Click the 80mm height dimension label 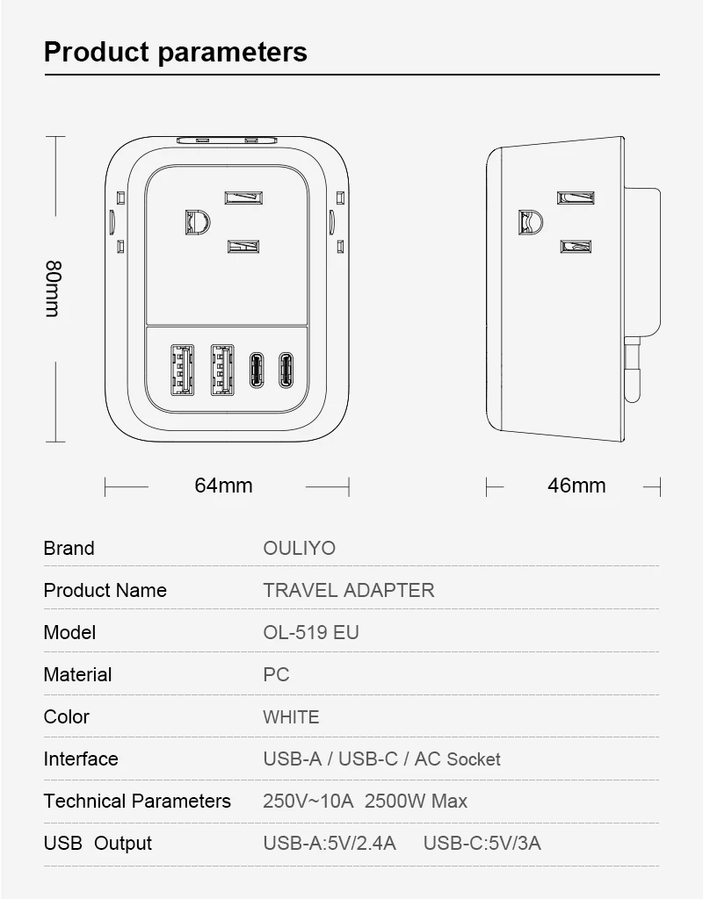[x=53, y=288]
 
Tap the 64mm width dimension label [x=223, y=485]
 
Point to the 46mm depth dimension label [x=576, y=485]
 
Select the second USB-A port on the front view [x=221, y=369]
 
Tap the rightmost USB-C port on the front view [x=286, y=370]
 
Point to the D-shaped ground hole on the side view [x=529, y=223]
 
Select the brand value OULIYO [x=300, y=548]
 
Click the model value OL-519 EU [x=311, y=632]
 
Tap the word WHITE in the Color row [x=291, y=716]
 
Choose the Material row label [x=77, y=674]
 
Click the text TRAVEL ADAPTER [x=349, y=590]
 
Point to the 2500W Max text [x=416, y=801]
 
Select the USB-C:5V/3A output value [x=482, y=844]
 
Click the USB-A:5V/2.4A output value [x=330, y=844]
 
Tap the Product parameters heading [x=176, y=52]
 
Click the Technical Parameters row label [x=137, y=801]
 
